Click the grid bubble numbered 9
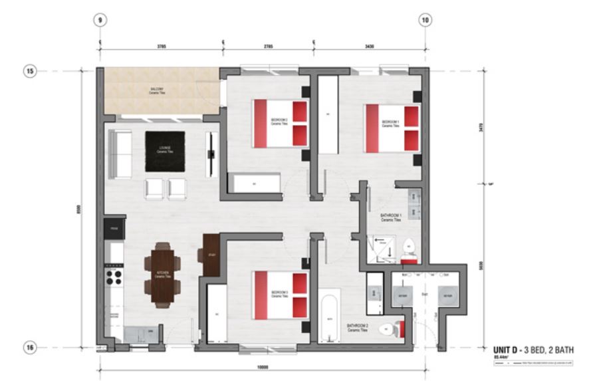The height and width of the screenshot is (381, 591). pyautogui.click(x=100, y=20)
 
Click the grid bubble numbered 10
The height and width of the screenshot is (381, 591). pyautogui.click(x=425, y=20)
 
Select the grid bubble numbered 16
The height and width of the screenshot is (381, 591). pyautogui.click(x=29, y=346)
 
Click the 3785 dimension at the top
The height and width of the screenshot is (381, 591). pyautogui.click(x=161, y=47)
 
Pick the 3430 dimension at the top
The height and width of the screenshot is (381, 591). pyautogui.click(x=370, y=47)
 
